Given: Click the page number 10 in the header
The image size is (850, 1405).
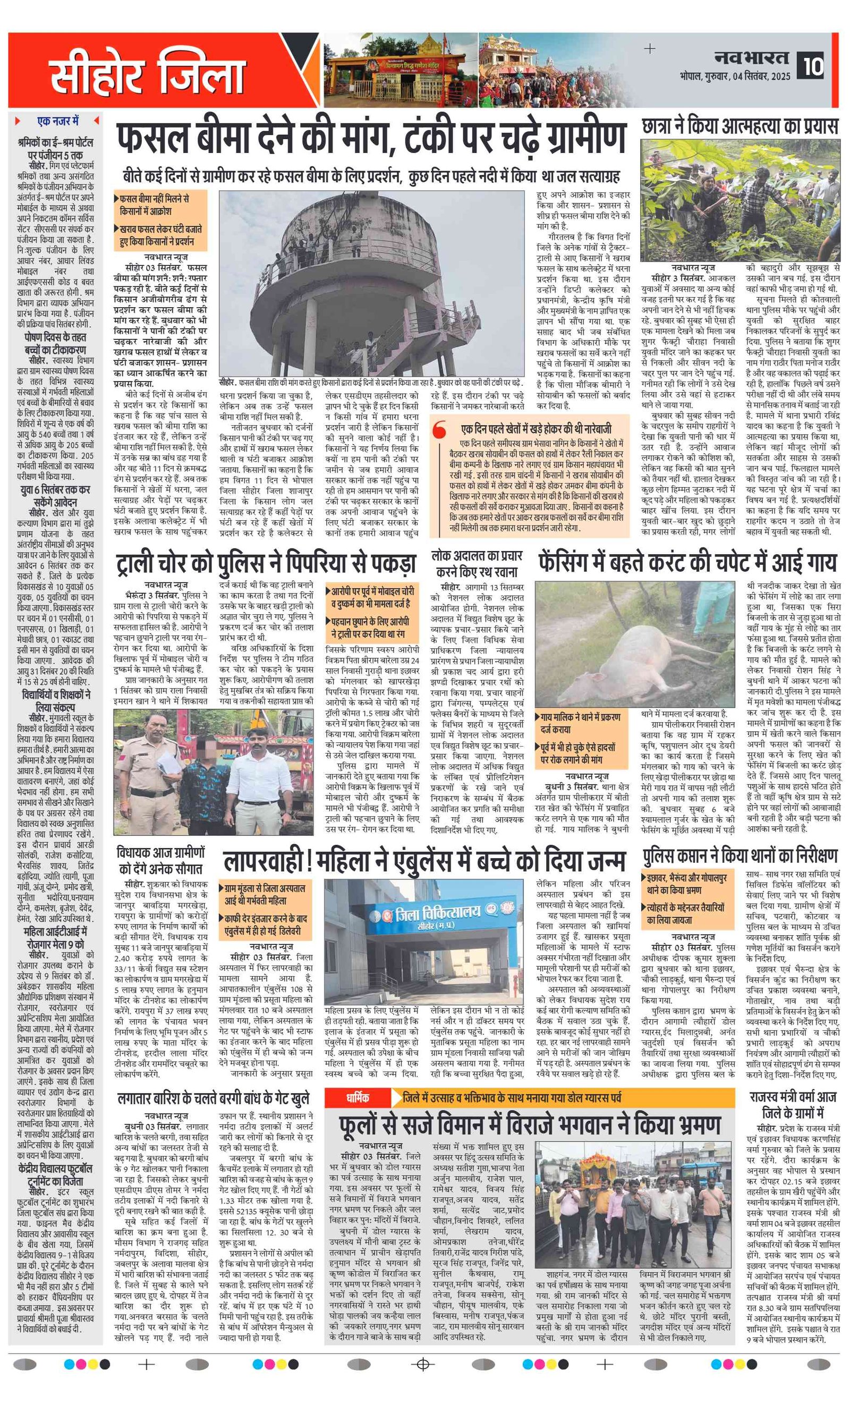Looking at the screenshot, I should click(813, 66).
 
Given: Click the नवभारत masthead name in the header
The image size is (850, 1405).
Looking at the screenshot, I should click(751, 57).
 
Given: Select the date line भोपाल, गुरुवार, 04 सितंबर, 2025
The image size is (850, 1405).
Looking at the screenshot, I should click(734, 76).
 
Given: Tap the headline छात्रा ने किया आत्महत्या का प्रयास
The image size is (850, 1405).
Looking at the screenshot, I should click(739, 126).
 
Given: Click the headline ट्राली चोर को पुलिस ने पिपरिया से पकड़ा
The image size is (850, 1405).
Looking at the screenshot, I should click(266, 562).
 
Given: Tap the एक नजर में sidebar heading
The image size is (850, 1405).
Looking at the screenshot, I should click(57, 121).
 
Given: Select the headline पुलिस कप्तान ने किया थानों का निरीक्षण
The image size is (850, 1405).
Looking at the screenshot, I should click(740, 857).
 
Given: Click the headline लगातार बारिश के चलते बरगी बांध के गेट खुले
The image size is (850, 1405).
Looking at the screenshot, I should click(213, 1098).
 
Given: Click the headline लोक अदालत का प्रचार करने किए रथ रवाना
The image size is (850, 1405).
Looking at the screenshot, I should click(477, 563).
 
